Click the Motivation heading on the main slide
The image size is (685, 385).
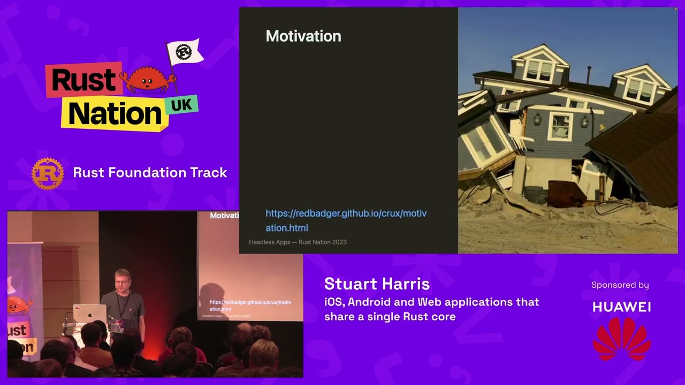[303, 36]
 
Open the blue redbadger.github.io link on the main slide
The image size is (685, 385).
[346, 220]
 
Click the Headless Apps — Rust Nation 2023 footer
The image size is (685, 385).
[298, 242]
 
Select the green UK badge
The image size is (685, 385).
[181, 105]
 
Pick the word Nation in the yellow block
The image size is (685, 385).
[115, 114]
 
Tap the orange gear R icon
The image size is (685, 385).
[48, 173]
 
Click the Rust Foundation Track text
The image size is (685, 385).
[150, 173]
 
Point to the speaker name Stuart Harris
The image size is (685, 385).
[377, 284]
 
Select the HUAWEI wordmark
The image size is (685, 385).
[621, 307]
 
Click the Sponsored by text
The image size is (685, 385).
[620, 285]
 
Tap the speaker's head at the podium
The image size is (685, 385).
[122, 278]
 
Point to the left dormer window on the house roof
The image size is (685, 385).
[539, 69]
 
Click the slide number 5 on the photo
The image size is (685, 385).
[665, 241]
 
